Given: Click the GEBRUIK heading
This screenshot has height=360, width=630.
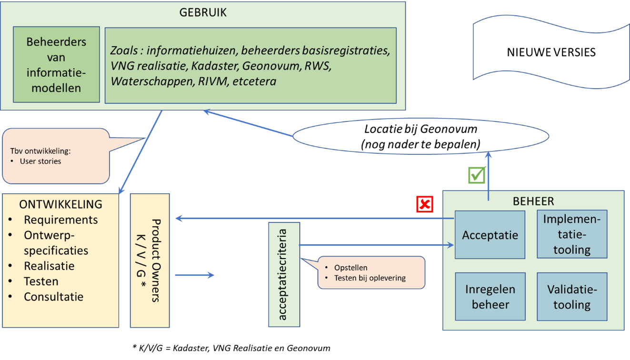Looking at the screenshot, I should [203, 13].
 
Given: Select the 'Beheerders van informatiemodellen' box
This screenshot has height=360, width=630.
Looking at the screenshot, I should [56, 65].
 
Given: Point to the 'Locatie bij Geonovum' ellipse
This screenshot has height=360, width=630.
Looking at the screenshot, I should [421, 136].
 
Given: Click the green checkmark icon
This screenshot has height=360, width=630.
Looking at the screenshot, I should [477, 175].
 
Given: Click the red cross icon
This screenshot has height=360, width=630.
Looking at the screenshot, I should [425, 204].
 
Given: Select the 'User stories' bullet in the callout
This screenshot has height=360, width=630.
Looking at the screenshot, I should [40, 161].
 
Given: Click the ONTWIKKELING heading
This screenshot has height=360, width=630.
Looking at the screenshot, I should [60, 204].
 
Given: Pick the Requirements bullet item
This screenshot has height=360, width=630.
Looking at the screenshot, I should [60, 220].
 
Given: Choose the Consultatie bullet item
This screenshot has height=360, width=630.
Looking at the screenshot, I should [53, 297].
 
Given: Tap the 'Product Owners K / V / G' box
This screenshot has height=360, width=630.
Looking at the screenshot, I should [150, 260].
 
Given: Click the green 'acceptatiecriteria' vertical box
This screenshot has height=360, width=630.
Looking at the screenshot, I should [284, 274].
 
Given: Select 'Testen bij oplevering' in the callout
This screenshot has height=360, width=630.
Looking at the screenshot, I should [370, 278].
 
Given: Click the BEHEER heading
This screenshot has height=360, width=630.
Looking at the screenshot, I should [533, 201].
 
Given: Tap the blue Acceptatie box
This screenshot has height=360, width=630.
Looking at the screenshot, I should [490, 235].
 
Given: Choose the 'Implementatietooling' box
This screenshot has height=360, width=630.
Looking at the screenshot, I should [572, 234].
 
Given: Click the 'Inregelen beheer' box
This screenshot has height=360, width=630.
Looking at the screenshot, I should [490, 297].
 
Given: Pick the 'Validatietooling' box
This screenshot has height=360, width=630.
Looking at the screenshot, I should [572, 297].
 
